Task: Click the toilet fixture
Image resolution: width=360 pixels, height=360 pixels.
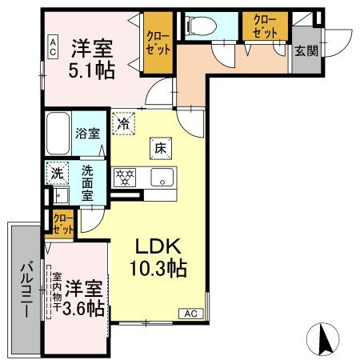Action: (x=197, y=26)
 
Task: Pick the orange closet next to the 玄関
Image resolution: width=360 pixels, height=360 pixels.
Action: (x=266, y=26)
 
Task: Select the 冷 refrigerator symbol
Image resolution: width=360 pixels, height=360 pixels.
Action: (x=123, y=124)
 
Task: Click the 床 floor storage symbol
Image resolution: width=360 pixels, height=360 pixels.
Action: (x=159, y=147)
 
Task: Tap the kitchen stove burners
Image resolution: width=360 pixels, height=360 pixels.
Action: (x=125, y=178)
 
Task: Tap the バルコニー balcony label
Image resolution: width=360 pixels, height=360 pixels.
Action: (x=26, y=289)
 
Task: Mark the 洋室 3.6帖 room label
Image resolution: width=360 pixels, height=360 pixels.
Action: (x=83, y=295)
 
